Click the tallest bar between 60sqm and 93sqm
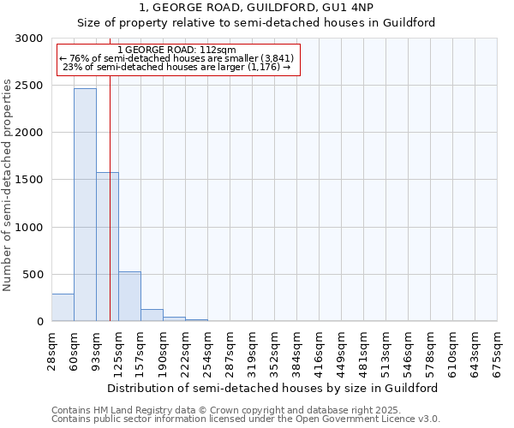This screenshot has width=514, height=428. [85, 205]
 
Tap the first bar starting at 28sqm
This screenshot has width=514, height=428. [63, 307]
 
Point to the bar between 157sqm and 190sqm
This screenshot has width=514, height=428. [152, 315]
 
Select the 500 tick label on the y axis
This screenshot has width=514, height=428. [33, 274]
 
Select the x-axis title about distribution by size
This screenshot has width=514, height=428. [274, 388]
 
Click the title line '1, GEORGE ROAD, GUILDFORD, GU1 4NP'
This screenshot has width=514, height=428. [256, 9]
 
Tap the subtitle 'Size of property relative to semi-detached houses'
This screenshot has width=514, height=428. [256, 23]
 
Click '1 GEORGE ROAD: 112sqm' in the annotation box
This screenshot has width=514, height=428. [176, 51]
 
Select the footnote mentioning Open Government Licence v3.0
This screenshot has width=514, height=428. [246, 419]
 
